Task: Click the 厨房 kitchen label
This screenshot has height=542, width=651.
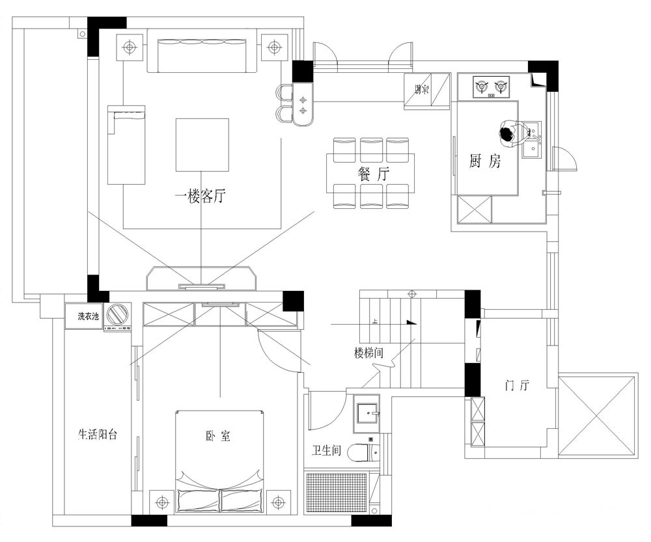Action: (x=485, y=161)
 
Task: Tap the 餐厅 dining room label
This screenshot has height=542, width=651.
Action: (x=374, y=174)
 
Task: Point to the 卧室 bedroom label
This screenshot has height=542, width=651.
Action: (x=218, y=436)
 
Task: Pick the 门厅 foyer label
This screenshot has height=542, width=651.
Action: (x=518, y=385)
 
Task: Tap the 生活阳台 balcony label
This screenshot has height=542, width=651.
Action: (x=98, y=435)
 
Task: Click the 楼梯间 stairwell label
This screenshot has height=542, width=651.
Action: (x=368, y=353)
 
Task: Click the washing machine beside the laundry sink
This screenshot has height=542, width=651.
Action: (x=117, y=317)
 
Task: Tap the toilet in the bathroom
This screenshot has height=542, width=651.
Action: (x=364, y=453)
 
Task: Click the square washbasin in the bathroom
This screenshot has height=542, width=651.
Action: (x=366, y=414)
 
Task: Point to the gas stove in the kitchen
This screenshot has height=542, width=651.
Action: (x=492, y=87)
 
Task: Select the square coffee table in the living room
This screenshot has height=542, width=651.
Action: (x=202, y=145)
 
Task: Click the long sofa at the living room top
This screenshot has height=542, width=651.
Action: (x=202, y=51)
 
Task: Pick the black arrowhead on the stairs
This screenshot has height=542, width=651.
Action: (x=411, y=323)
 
